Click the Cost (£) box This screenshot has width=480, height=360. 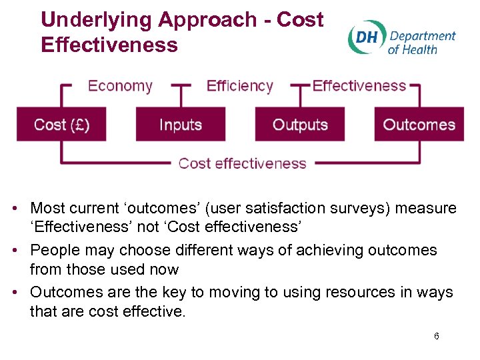61,125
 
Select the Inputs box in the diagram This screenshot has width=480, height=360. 181,125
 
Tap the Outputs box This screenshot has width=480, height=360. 300,125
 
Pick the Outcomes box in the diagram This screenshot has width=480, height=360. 419,125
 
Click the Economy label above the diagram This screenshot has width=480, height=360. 120,86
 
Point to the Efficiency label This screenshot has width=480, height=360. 240,86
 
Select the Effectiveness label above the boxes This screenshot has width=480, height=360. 359,86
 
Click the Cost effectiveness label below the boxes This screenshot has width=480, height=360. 242,163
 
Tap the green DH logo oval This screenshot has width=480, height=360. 365,37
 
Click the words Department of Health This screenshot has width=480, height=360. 421,42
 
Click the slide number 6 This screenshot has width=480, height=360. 436,336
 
